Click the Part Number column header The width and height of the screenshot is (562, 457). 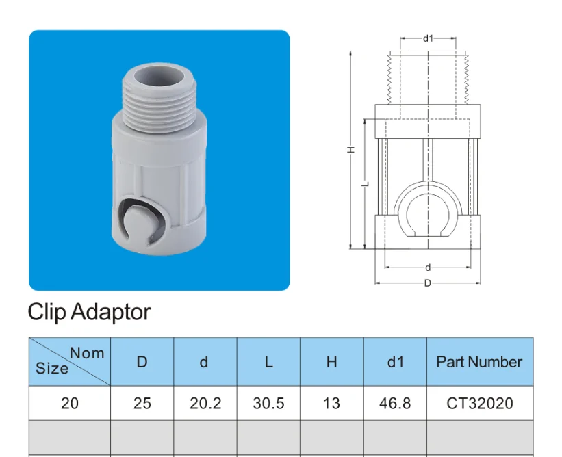479,362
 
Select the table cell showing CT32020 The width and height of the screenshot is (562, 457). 479,403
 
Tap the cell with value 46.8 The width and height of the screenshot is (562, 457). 395,403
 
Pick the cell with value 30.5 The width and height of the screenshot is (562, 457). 268,403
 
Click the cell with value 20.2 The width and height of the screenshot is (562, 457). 205,403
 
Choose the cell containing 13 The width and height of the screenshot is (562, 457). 331,403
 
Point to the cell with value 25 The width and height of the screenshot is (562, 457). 142,403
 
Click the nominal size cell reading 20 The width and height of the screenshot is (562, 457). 70,403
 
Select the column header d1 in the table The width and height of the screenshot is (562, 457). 395,362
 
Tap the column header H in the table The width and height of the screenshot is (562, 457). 331,362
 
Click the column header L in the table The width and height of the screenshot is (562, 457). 268,362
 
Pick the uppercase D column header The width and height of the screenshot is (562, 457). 142,362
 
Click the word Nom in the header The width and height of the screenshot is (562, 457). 88,353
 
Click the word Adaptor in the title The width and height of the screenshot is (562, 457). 111,312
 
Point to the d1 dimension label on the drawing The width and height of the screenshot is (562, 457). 429,39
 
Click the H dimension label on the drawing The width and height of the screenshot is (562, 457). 349,149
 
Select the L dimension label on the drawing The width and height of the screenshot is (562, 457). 366,183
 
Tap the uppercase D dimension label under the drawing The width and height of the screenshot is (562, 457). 428,283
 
